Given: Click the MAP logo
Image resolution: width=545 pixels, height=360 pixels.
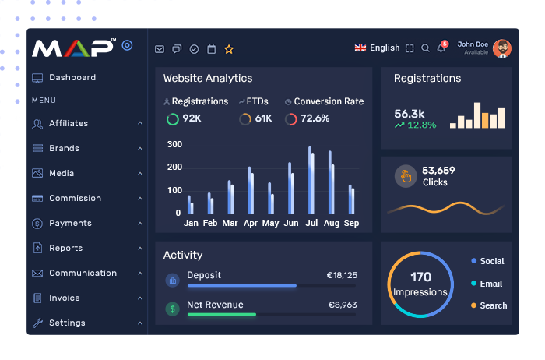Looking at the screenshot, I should (x=74, y=48).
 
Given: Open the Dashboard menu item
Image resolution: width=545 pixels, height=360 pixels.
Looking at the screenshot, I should (x=72, y=78).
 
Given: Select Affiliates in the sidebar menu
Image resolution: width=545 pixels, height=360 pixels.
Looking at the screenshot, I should (x=68, y=123).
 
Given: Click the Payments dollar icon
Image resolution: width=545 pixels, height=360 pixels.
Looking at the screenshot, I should (x=37, y=224).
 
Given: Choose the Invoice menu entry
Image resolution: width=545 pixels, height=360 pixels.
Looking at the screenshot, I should (x=64, y=298).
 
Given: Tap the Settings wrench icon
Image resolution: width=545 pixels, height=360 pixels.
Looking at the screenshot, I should (x=37, y=323).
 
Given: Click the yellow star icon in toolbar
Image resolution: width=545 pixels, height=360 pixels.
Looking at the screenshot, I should (x=229, y=49).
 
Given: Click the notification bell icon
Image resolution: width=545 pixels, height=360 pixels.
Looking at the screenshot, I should (x=441, y=48).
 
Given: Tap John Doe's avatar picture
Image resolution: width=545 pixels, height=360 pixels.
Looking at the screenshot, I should (x=502, y=48).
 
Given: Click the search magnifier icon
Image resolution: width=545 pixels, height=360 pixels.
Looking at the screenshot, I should (x=425, y=48).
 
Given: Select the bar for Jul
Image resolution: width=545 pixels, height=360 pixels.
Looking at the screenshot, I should (x=311, y=180).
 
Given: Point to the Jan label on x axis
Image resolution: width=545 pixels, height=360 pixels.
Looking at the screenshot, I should (x=191, y=223).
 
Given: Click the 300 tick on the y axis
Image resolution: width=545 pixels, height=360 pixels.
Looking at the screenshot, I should (x=174, y=145).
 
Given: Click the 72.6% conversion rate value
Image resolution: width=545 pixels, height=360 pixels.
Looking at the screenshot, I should (x=315, y=118).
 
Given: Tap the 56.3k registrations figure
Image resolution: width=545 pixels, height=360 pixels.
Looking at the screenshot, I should (x=410, y=113).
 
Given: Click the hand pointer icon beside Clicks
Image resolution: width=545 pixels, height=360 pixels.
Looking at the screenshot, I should (x=405, y=176).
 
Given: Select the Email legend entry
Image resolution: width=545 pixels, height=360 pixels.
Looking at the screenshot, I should (x=490, y=284).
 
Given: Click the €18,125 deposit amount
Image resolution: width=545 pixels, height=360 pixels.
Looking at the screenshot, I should (x=342, y=275).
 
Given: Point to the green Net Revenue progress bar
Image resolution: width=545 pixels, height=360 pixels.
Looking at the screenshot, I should (x=222, y=314).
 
